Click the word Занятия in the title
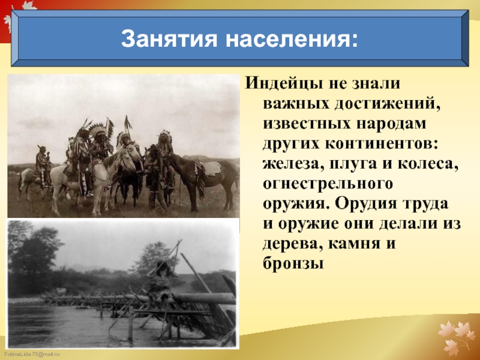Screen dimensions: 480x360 tap(169, 38)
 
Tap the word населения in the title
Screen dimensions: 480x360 tap(292, 39)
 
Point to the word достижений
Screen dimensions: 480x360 tap(387, 104)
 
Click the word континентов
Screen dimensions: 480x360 tap(382, 144)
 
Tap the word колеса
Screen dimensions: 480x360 tap(428, 164)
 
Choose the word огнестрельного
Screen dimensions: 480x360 tap(328, 184)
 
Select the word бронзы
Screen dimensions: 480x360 tap(293, 263)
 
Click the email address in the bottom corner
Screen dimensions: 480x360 tap(32, 355)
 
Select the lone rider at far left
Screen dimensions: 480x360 tap(42, 166)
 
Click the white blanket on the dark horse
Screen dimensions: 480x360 tap(212, 169)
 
